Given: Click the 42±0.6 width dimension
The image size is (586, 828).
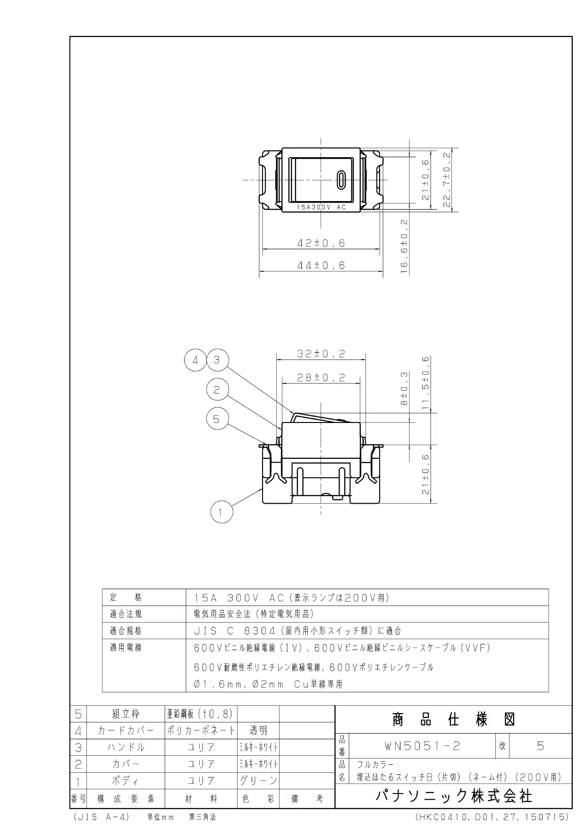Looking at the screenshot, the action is [321, 243].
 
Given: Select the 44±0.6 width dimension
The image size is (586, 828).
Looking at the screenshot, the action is [321, 265].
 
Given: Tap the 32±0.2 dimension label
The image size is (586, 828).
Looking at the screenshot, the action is [321, 354].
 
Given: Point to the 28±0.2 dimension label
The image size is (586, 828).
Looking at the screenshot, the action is [321, 378].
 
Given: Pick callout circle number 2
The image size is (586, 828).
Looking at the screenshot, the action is [217, 390].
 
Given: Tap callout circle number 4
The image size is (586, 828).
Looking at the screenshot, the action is [195, 361].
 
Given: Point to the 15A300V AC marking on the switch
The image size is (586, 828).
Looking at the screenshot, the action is [321, 207].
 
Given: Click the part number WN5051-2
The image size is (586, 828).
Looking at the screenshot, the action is [422, 746].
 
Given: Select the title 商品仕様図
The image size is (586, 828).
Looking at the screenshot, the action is [453, 719].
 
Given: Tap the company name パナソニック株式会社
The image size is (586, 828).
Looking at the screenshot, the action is [454, 796].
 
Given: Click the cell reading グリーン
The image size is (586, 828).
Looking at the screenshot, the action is [258, 781].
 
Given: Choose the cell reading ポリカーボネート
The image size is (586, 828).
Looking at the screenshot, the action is [201, 731].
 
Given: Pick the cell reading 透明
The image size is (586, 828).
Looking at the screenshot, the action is [258, 731].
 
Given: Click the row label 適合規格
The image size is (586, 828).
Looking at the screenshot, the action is [126, 631].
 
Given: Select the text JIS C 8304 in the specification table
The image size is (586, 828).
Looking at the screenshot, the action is [235, 631].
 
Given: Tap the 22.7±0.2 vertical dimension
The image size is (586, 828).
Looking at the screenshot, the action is [447, 179].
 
